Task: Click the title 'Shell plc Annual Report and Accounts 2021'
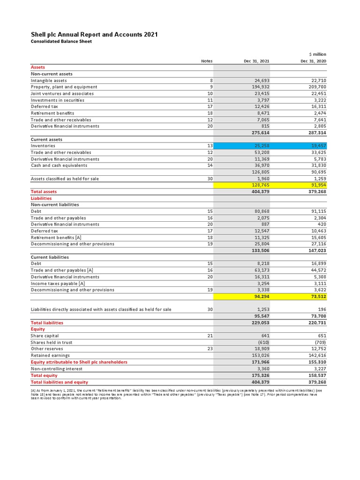94,35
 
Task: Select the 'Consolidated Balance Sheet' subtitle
61,41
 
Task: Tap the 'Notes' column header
207,61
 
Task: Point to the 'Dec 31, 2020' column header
313,61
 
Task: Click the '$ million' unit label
317,54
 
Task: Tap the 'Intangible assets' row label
49,81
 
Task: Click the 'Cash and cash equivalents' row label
58,165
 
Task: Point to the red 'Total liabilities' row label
47,322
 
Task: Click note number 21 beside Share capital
210,336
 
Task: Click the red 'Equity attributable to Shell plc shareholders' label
79,362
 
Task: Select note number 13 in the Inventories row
210,146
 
